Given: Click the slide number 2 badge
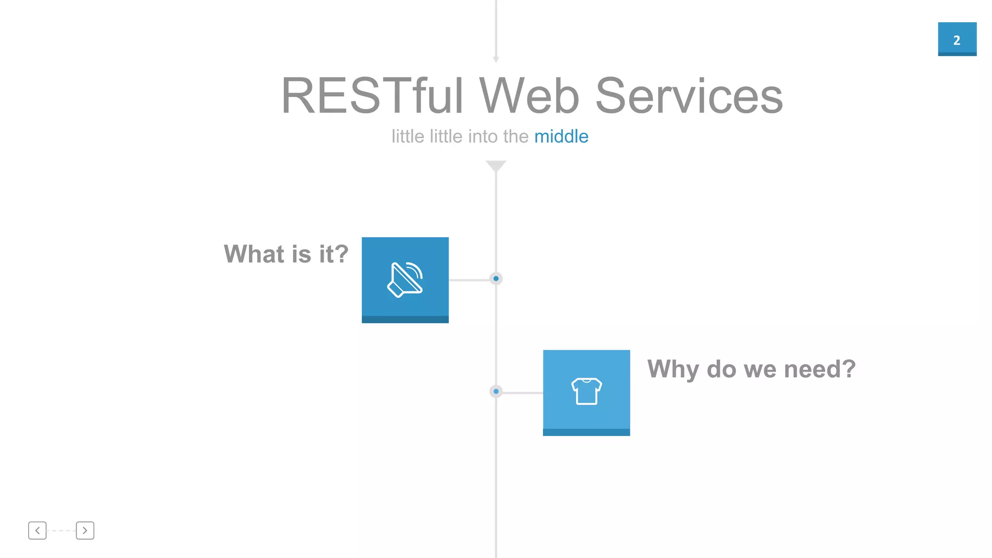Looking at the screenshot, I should (x=957, y=39).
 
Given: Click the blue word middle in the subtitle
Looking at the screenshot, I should (x=561, y=137).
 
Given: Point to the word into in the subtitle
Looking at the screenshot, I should (x=483, y=137).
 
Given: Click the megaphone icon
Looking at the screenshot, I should (x=405, y=279).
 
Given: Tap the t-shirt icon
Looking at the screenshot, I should (x=586, y=391).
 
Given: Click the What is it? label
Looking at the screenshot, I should (x=286, y=254).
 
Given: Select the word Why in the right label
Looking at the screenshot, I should (x=673, y=369).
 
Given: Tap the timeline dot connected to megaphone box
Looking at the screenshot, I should (x=496, y=279).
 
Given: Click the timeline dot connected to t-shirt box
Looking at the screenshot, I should (x=496, y=391).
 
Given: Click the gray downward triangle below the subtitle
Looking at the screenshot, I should (x=496, y=166).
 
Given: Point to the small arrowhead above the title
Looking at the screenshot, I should (x=496, y=59).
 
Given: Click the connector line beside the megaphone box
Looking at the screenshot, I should (x=469, y=279).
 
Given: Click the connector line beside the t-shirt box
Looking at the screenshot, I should (x=522, y=392).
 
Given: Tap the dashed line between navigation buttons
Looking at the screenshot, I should (x=61, y=530).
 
